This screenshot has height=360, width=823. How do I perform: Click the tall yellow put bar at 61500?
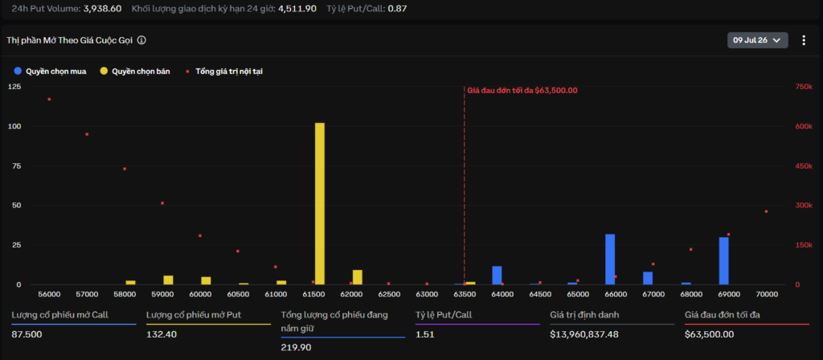click(x=320, y=203)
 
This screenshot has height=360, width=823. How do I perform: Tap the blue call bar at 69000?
click(x=724, y=261)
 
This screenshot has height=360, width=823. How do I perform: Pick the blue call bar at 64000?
click(x=497, y=276)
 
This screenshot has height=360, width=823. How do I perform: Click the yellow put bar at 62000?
click(x=358, y=277)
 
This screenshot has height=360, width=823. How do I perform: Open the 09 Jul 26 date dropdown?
click(x=757, y=40)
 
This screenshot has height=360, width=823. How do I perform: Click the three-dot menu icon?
click(x=804, y=40)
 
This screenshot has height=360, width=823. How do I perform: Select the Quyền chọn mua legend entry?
click(x=51, y=72)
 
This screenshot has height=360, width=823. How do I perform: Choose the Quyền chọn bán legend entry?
click(x=135, y=72)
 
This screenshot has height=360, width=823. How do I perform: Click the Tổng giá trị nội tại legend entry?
click(x=224, y=72)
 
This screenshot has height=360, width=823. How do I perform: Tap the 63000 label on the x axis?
click(x=427, y=294)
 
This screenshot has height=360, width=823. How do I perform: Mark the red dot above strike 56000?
click(x=49, y=99)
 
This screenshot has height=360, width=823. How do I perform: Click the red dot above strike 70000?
click(x=766, y=211)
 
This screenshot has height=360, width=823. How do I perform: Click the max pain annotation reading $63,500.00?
click(x=522, y=90)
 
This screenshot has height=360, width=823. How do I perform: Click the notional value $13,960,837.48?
click(x=584, y=334)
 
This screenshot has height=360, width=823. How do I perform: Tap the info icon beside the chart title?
click(x=141, y=40)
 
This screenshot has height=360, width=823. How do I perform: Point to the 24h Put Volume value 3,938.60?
click(x=103, y=8)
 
